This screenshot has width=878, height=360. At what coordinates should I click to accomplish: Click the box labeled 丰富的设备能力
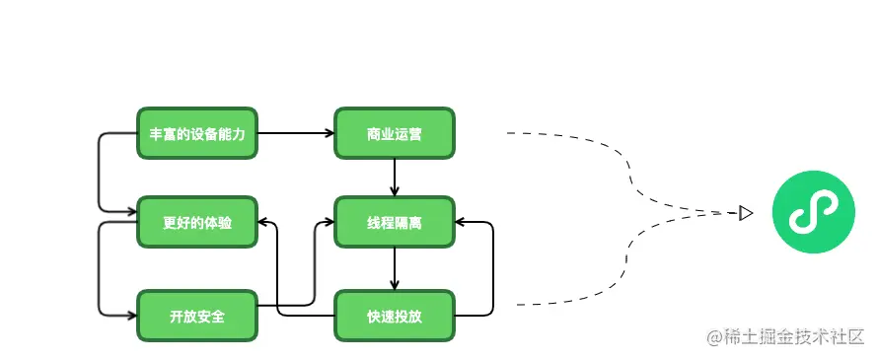coord(196,133)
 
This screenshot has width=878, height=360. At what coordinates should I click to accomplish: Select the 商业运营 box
coord(394,133)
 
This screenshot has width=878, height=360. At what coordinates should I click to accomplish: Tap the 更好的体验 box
coord(196,223)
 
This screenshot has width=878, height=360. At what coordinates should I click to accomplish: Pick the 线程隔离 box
coord(394,223)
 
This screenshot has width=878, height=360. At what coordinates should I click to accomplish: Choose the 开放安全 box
coord(196,316)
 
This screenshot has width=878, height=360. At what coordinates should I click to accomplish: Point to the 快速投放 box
coord(394,316)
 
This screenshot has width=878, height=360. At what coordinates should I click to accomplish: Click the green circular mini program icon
coord(812,212)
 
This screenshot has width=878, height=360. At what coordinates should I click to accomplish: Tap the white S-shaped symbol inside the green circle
coord(812,212)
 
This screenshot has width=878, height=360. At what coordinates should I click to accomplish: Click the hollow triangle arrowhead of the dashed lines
coord(746,212)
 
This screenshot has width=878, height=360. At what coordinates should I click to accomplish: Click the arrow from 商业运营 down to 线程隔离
coord(395,178)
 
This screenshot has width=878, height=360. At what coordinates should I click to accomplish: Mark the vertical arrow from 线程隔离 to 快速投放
coord(395,268)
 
